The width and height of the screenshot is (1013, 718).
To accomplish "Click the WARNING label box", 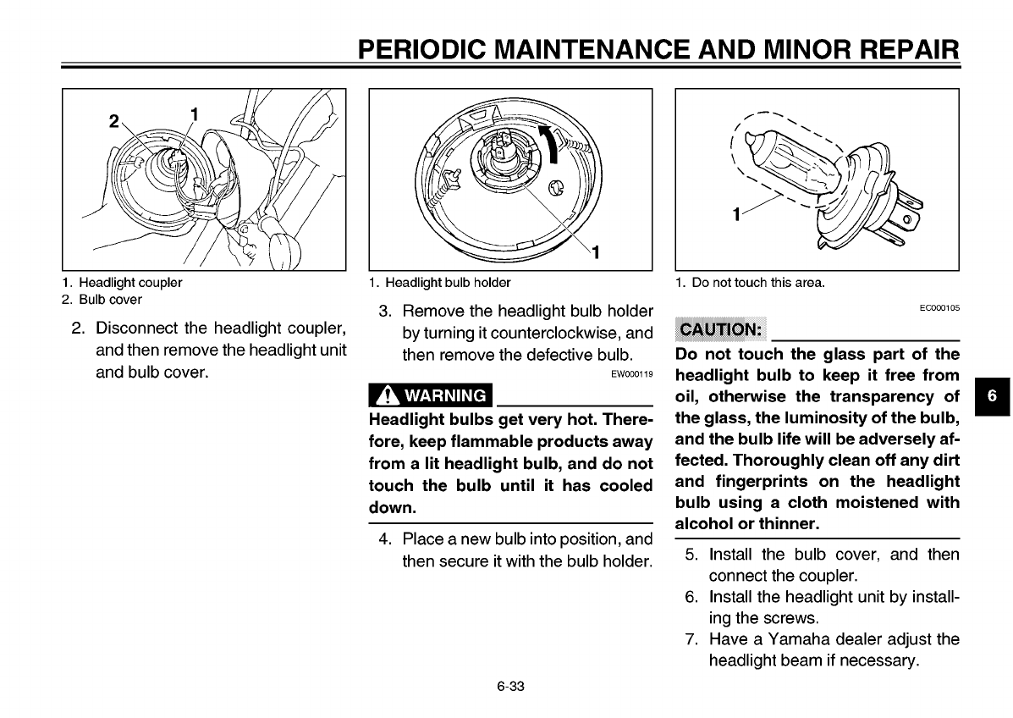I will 430,395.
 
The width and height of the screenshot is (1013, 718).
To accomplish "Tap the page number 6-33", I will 511,686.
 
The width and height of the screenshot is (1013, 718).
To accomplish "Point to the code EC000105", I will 939,310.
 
